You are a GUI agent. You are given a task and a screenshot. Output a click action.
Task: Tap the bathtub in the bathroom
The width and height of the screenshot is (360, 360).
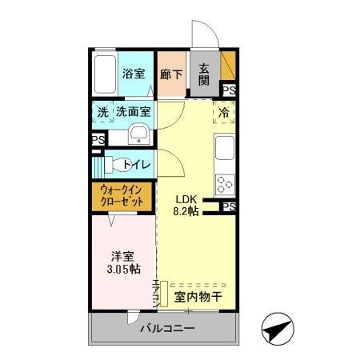(104, 74)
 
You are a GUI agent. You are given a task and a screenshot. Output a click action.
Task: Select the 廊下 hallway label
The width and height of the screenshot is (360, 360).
(170, 74)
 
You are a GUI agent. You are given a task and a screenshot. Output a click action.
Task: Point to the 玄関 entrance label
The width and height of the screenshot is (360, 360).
(203, 74)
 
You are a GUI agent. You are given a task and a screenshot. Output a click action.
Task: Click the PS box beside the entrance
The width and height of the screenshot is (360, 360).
(229, 90)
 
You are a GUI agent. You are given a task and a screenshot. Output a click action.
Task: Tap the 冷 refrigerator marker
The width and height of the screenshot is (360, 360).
(224, 113)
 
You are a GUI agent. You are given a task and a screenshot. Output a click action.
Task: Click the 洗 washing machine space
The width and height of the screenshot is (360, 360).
(102, 113)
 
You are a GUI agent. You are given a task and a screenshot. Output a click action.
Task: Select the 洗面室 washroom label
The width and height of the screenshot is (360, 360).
(134, 113)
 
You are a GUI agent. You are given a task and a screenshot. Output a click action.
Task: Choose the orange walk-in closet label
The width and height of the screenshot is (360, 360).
(122, 196)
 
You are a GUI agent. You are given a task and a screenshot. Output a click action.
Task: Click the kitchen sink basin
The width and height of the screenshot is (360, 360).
(225, 149)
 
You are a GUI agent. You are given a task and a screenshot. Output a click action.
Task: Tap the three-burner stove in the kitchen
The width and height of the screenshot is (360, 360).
(225, 185)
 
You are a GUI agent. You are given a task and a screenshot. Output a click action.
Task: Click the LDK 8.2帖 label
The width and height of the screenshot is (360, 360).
(186, 206)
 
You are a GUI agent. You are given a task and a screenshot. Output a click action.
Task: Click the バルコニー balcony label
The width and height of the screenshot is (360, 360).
(169, 328)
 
